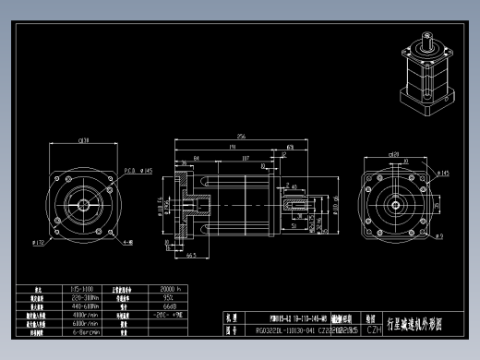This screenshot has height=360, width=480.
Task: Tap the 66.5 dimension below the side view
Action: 191,255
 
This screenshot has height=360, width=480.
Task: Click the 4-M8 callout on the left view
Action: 127,244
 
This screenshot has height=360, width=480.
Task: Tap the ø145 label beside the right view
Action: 441,173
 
